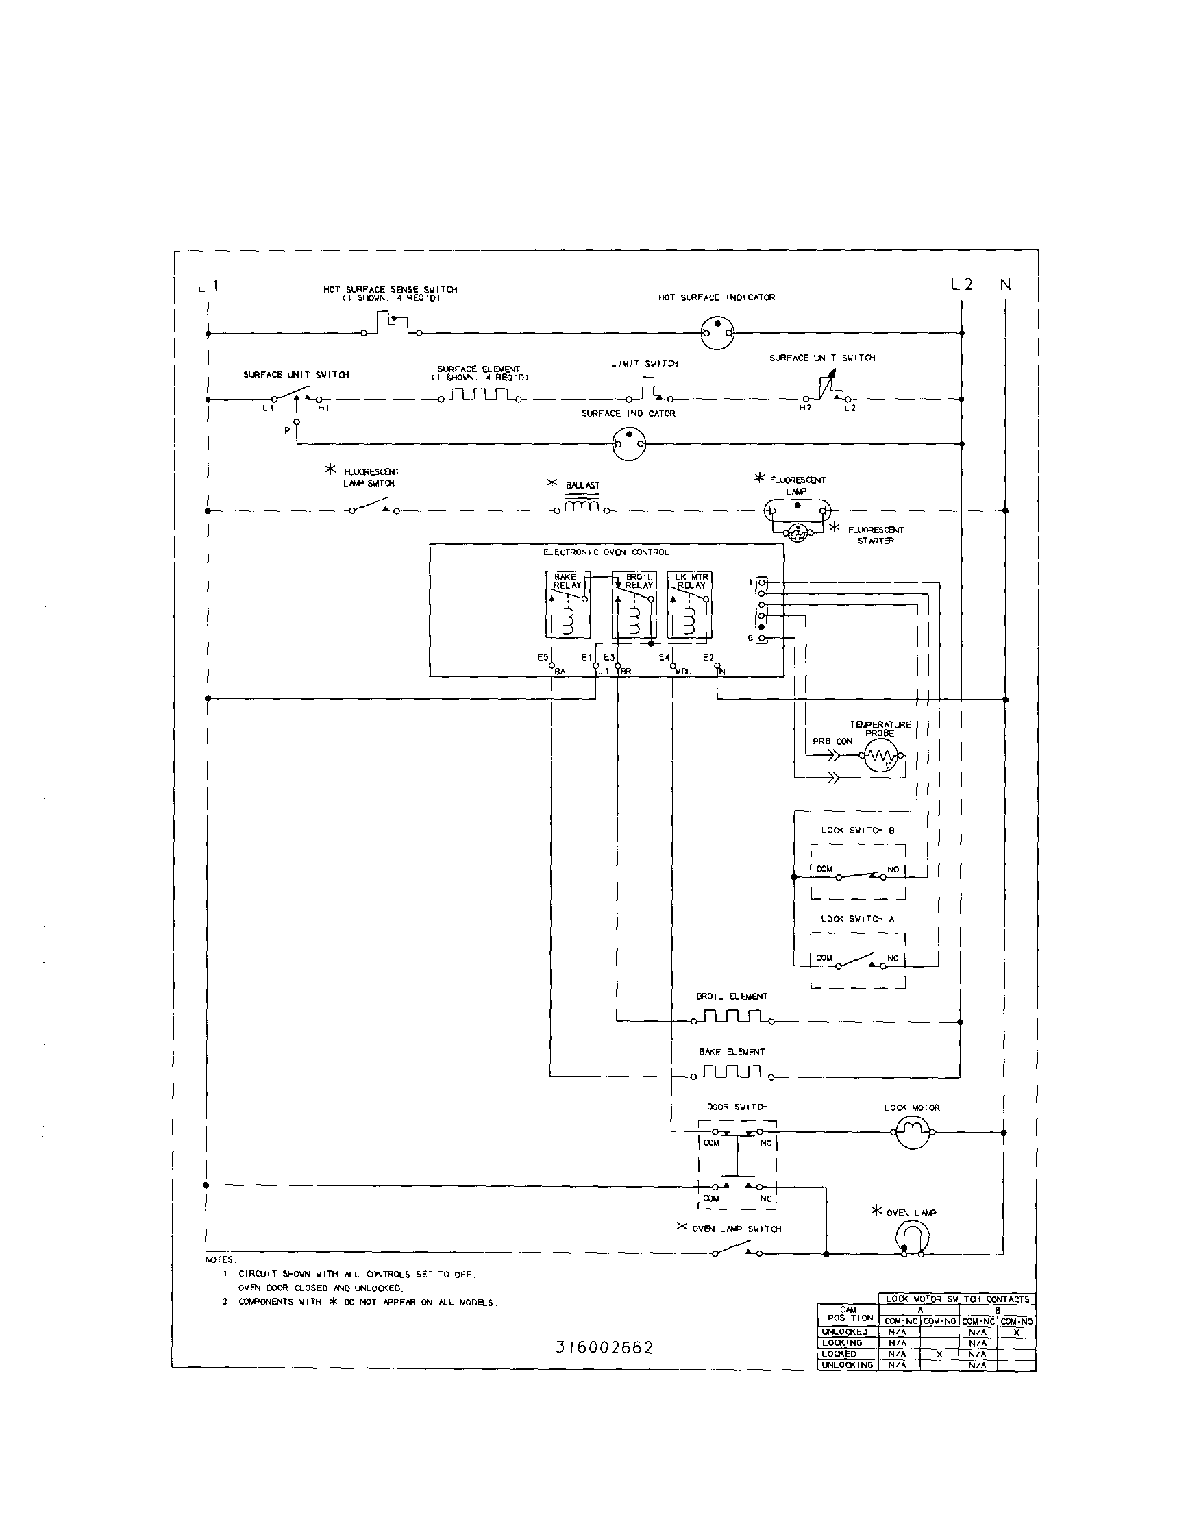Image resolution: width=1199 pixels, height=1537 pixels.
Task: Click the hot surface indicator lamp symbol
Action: tap(717, 332)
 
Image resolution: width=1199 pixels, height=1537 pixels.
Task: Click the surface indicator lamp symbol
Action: tap(628, 444)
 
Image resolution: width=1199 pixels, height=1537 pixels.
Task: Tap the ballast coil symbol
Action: tap(582, 506)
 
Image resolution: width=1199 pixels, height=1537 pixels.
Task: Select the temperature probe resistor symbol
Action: tap(880, 756)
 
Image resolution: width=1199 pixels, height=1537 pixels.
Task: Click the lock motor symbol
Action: tap(913, 1131)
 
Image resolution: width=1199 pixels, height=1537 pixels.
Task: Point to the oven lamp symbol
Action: tap(912, 1237)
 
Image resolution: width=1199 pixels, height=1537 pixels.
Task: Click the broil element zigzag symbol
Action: tap(732, 1018)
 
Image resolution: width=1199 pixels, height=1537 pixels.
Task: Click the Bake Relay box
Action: tap(568, 604)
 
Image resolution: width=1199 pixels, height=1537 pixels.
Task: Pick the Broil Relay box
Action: tap(634, 604)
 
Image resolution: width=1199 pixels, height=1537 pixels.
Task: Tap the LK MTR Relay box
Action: tap(689, 604)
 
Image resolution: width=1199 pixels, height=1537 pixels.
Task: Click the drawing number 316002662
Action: tap(604, 1348)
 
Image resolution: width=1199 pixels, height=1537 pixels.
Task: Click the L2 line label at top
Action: tap(961, 284)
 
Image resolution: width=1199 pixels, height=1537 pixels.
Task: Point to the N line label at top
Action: tap(1006, 284)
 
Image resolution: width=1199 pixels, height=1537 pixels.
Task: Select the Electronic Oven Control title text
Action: tap(606, 552)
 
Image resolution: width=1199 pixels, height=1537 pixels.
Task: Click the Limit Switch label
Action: tap(645, 364)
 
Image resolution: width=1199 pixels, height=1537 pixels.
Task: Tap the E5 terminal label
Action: tap(543, 657)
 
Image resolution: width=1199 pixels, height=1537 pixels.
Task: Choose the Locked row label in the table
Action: tap(839, 1354)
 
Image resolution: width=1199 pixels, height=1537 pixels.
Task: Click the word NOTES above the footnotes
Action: tap(221, 1259)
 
